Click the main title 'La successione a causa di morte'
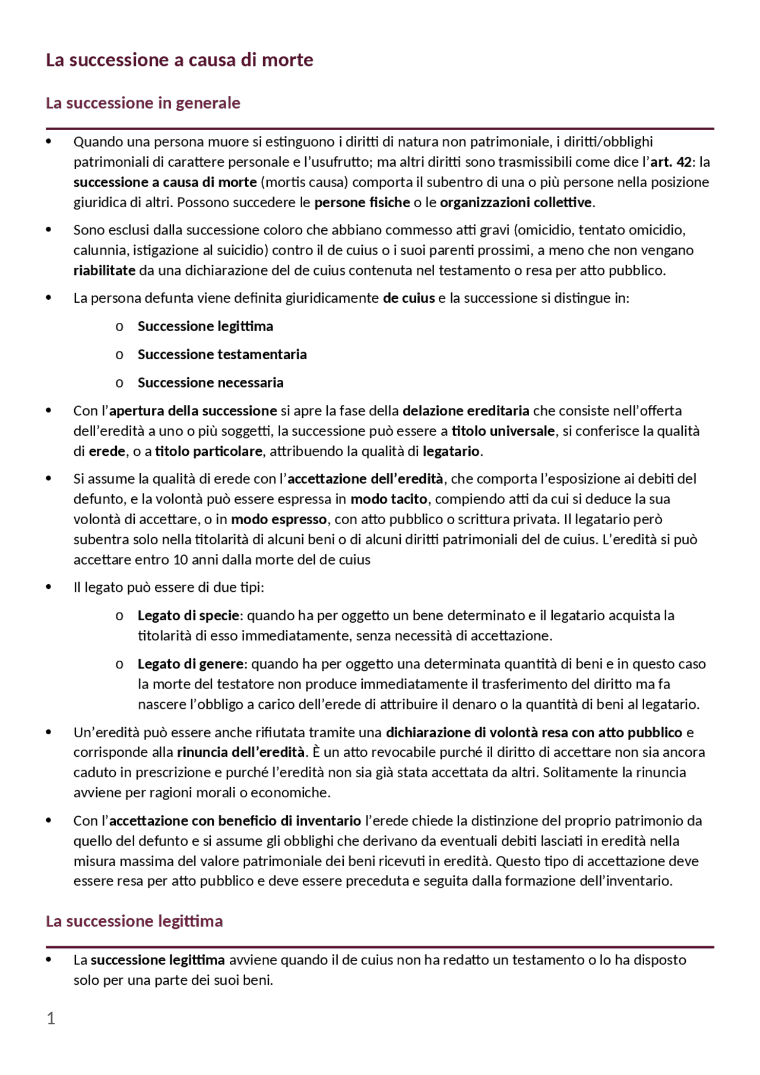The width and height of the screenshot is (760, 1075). tap(179, 60)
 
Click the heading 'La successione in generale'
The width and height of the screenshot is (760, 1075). tap(142, 103)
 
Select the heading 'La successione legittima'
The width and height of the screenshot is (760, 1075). tap(134, 921)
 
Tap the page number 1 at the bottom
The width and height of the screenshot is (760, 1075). tap(51, 1019)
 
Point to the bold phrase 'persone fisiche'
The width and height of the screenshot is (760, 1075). tap(362, 202)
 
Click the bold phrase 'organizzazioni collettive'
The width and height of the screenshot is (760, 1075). tap(516, 202)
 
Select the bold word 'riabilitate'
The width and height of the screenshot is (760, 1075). tap(104, 271)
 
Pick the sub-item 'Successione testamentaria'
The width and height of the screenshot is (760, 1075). tap(222, 354)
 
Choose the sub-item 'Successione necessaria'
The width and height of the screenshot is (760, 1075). tap(210, 383)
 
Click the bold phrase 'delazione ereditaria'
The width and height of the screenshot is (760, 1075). tap(465, 411)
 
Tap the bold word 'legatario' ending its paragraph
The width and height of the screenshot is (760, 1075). tap(451, 451)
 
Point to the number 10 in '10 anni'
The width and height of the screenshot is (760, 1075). tap(180, 560)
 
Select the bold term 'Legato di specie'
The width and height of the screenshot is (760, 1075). tap(188, 616)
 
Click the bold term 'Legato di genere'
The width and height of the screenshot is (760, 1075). tap(190, 664)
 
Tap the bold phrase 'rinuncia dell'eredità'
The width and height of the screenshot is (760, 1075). tap(240, 752)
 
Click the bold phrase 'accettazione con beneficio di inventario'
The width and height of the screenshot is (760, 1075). tap(235, 821)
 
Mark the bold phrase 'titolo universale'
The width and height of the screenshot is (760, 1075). tap(503, 431)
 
